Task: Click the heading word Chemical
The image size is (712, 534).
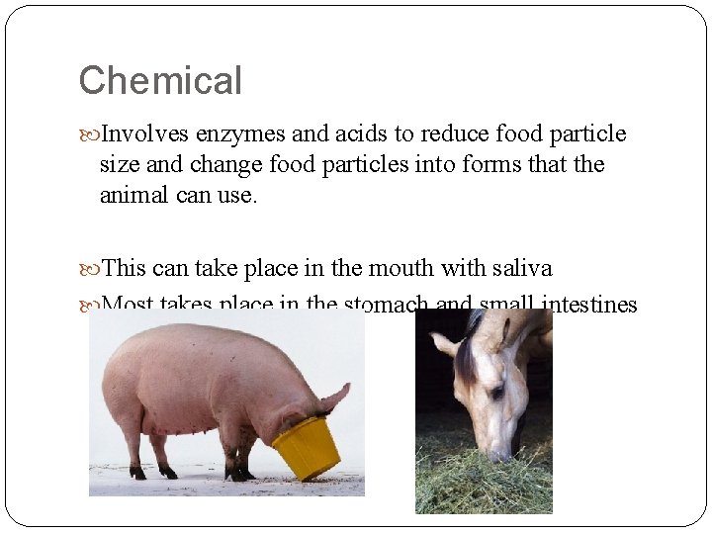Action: (160, 81)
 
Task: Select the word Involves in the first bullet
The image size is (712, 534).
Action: (145, 133)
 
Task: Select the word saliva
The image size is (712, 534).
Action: (520, 268)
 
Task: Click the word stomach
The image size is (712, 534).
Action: (387, 305)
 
